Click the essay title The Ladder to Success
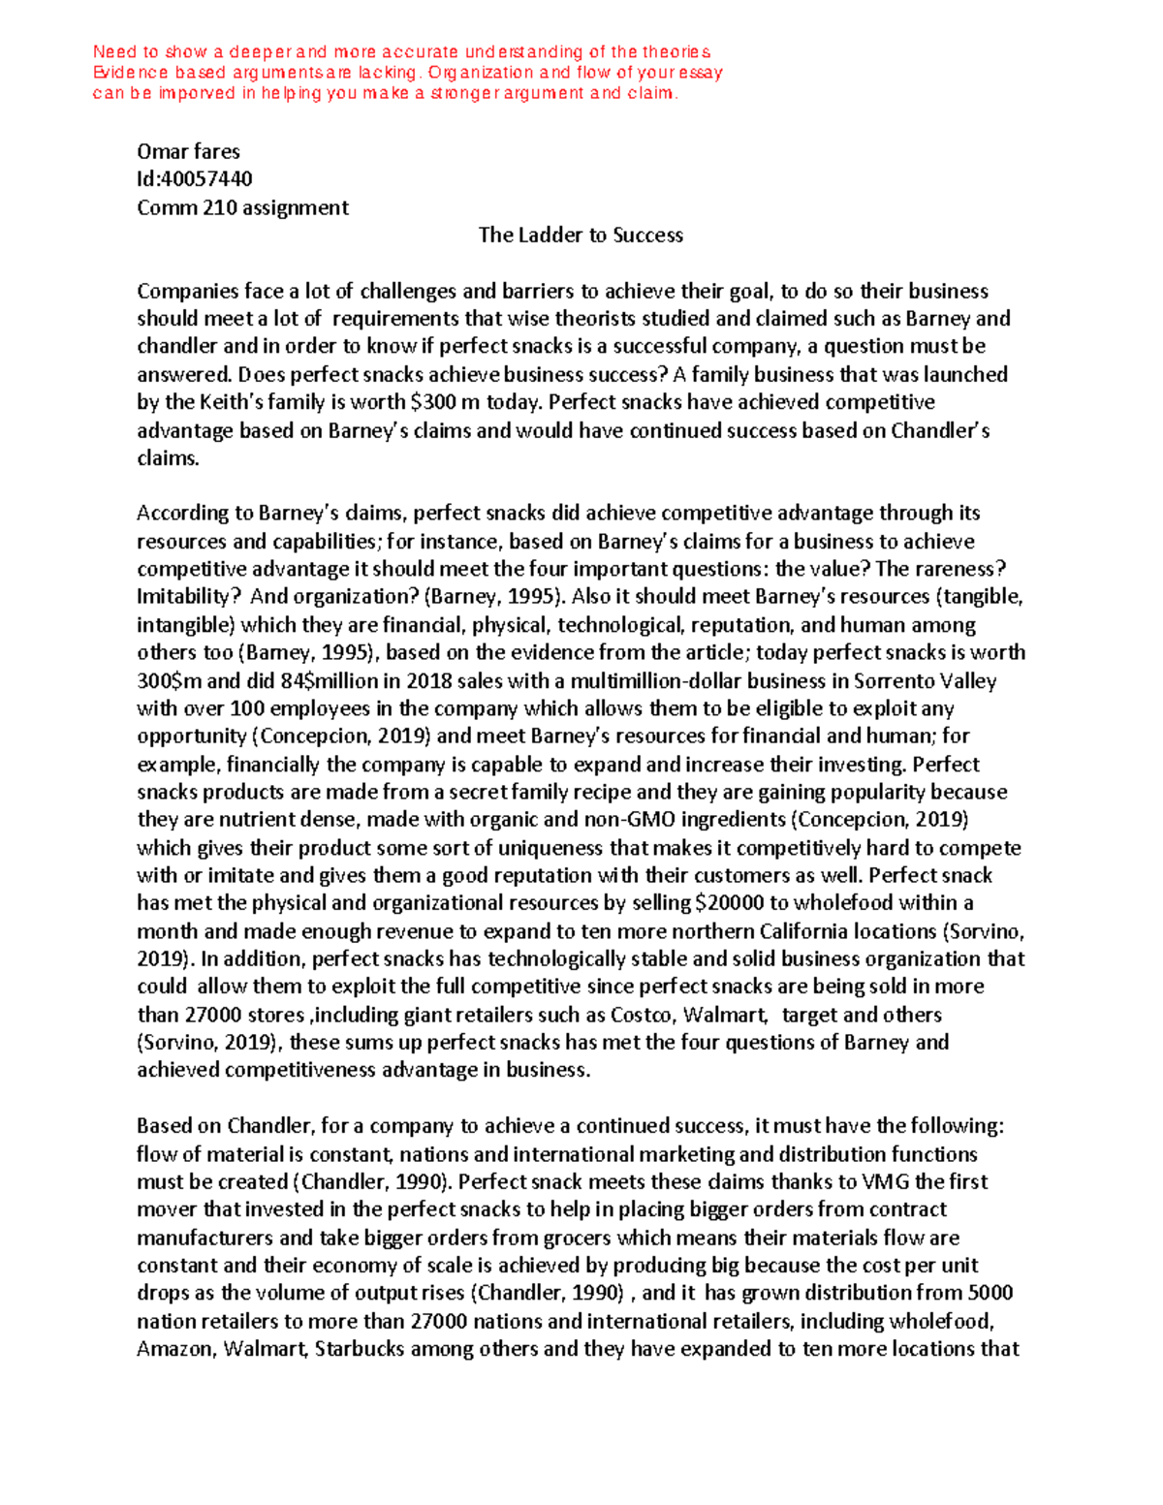point(581,235)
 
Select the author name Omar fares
point(188,151)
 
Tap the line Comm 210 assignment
point(242,207)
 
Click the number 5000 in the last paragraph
point(990,1294)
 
